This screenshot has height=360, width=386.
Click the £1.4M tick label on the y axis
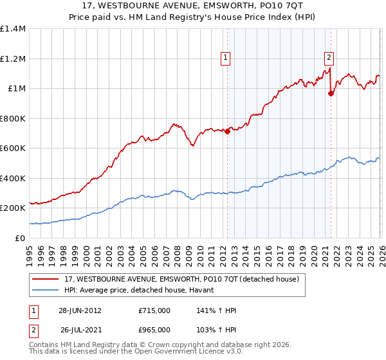(x=12, y=29)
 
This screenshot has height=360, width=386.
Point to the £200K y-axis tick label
(x=12, y=208)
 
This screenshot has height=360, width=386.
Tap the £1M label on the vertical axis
(x=17, y=89)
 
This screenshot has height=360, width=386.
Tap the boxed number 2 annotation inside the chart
(x=329, y=57)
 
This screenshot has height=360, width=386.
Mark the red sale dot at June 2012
(x=227, y=132)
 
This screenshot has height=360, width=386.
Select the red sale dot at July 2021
(x=331, y=94)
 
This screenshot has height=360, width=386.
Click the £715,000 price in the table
(x=154, y=310)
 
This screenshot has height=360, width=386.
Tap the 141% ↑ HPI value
(x=216, y=310)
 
